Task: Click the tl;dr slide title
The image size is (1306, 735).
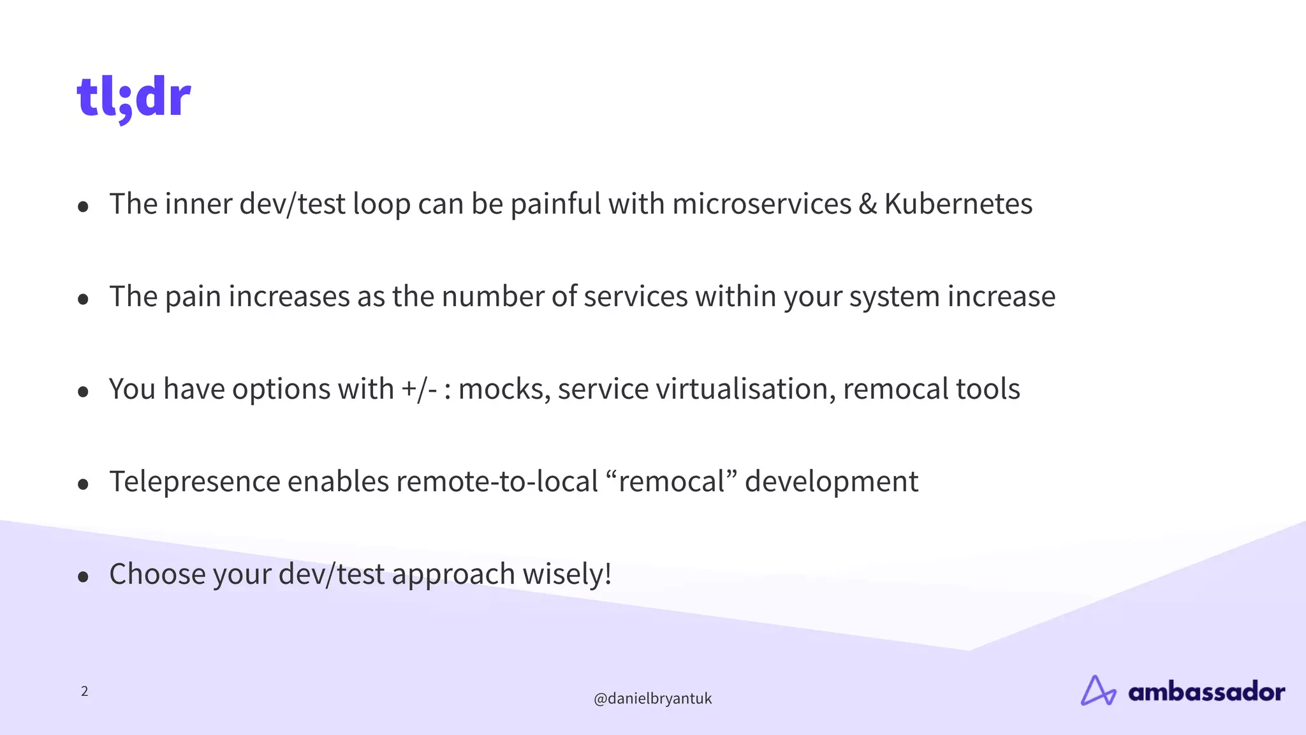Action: (x=134, y=98)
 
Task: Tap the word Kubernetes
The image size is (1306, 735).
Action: (x=958, y=204)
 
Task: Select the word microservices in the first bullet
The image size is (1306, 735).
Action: (x=761, y=204)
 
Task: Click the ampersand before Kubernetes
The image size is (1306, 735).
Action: (x=867, y=204)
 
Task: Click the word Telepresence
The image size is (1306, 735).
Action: (x=194, y=482)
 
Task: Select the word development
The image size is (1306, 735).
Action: (x=832, y=482)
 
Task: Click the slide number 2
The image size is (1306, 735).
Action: (x=84, y=691)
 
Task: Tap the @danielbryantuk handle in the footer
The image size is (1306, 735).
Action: (x=652, y=699)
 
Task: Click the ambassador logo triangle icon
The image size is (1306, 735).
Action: (x=1097, y=691)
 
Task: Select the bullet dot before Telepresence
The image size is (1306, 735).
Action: (x=83, y=485)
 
